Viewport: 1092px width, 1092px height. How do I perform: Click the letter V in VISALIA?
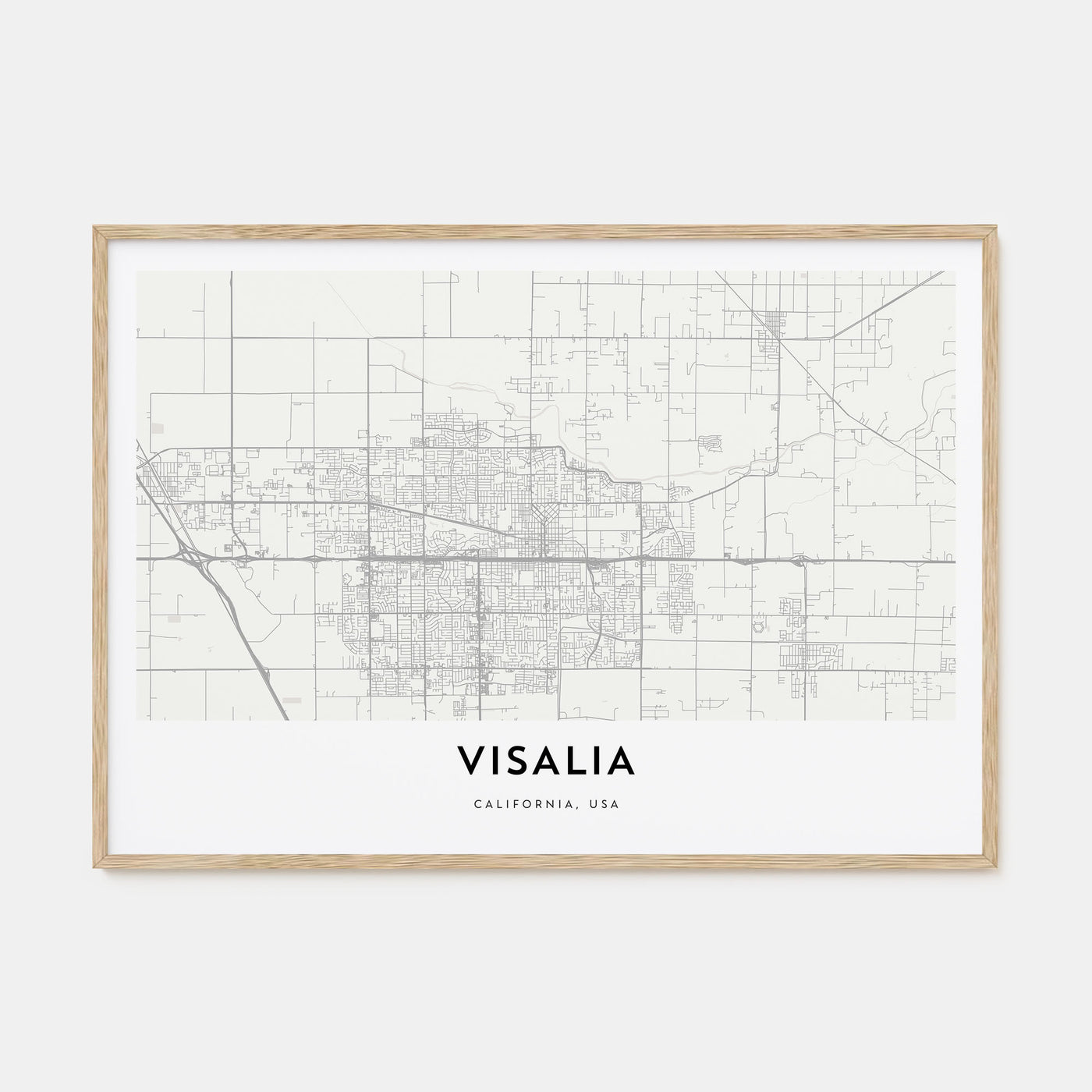472,761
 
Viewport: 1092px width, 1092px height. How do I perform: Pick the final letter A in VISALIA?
622,761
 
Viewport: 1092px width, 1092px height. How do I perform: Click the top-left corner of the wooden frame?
94,227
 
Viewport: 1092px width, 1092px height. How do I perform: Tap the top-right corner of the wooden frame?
999,227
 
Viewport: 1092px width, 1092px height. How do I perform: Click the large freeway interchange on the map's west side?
191,555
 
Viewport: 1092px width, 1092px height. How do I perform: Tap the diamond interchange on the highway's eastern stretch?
802,560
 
